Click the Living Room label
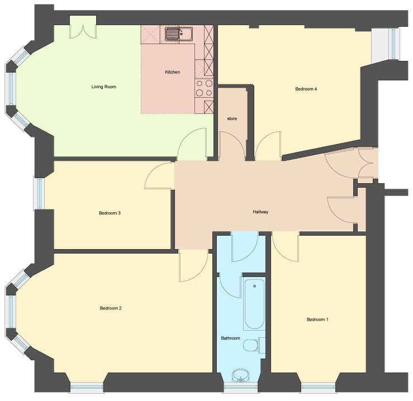[x=103, y=87]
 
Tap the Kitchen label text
[x=172, y=72]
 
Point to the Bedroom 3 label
[x=110, y=213]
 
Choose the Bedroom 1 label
[x=317, y=319]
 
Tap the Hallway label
[x=260, y=212]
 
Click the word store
[x=232, y=119]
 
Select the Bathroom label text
[x=230, y=338]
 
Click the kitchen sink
[x=178, y=35]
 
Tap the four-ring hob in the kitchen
[x=204, y=88]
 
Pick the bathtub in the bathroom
[x=254, y=304]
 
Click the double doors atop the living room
[x=83, y=28]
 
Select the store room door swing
[x=231, y=146]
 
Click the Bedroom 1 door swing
[x=285, y=246]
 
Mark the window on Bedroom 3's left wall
[x=39, y=193]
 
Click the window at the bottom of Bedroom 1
[x=317, y=386]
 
